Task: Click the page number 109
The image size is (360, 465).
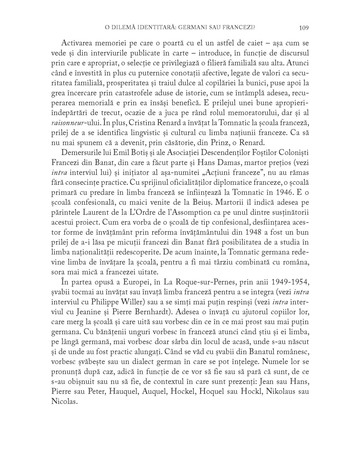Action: [x=304, y=28]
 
